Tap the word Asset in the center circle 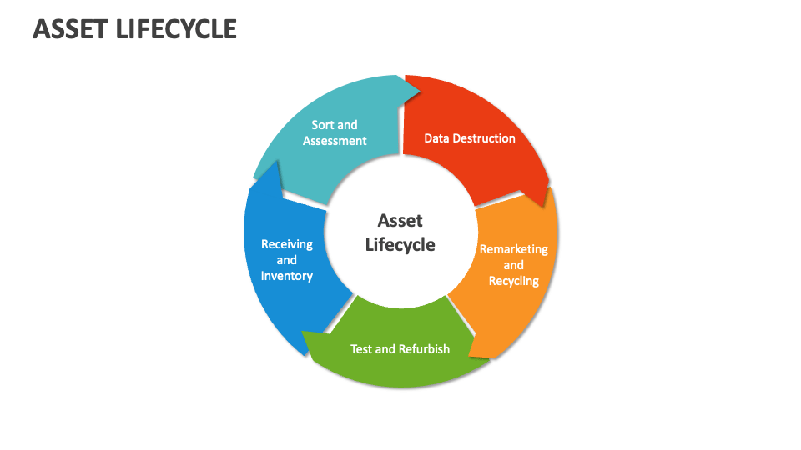pos(400,220)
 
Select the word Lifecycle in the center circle pos(400,244)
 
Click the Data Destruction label pos(470,138)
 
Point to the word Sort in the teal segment pos(322,125)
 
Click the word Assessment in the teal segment pos(335,141)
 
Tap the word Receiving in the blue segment pos(287,244)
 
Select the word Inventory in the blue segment pos(287,276)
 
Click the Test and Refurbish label pos(400,349)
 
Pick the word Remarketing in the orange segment pos(513,249)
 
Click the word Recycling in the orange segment pos(513,281)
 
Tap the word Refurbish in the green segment pos(425,349)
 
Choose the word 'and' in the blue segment pos(287,260)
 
